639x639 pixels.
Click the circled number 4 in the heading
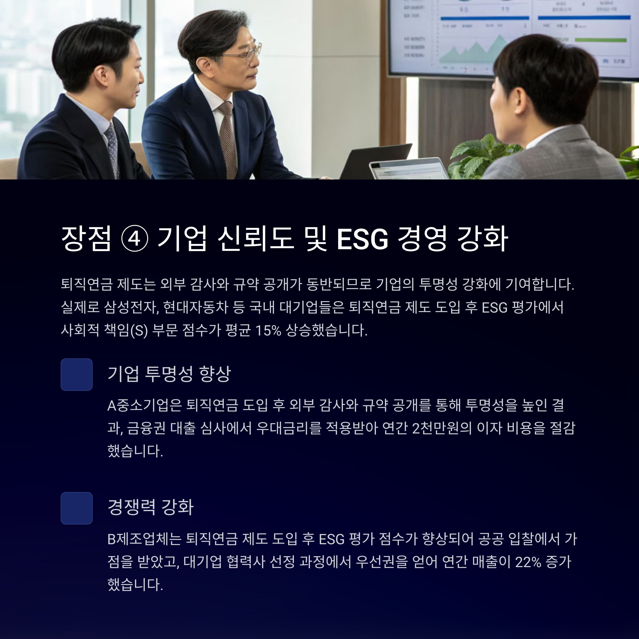click(134, 238)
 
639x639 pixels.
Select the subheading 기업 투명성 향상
click(169, 374)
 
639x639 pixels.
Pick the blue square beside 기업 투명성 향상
click(76, 374)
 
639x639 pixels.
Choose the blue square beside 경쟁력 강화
click(76, 508)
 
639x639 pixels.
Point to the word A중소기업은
click(145, 405)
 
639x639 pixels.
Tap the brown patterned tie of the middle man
click(227, 139)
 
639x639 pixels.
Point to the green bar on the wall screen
click(601, 40)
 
